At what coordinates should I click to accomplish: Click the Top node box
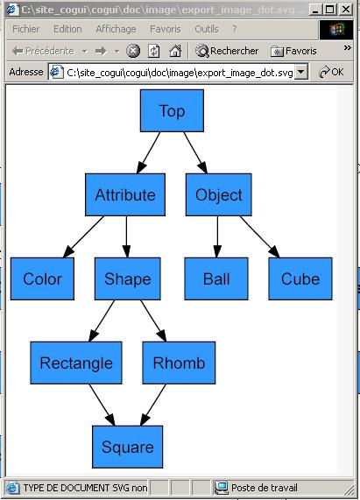[x=172, y=110]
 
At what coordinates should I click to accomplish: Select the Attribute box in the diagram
[x=125, y=194]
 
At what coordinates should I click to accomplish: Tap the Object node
[x=219, y=194]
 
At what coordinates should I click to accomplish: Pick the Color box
[x=42, y=278]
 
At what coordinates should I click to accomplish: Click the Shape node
[x=128, y=278]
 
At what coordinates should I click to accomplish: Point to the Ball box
[x=216, y=278]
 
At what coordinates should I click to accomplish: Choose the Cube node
[x=300, y=278]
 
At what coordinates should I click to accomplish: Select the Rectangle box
[x=76, y=363]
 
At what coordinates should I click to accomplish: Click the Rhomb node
[x=179, y=363]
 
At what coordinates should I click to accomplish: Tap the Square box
[x=128, y=447]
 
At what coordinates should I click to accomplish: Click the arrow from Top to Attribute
[x=148, y=152]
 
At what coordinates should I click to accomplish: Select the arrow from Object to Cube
[x=260, y=236]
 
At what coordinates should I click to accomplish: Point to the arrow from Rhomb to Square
[x=153, y=405]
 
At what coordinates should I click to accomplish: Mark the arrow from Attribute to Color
[x=83, y=236]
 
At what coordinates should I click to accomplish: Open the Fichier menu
[x=25, y=29]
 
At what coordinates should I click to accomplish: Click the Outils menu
[x=207, y=29]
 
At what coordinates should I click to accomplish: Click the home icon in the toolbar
[x=175, y=51]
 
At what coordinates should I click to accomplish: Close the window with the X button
[x=346, y=10]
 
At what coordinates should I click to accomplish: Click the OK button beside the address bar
[x=331, y=72]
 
